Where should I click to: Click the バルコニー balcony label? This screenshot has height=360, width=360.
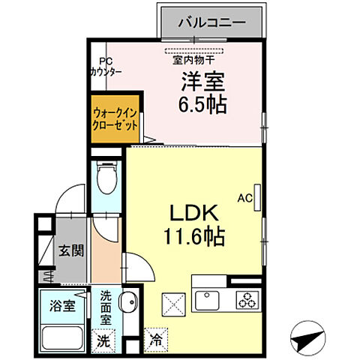click(211, 22)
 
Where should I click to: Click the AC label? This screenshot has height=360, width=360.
click(244, 199)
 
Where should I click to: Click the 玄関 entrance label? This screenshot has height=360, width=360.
click(69, 250)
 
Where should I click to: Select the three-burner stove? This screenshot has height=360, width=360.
click(245, 300)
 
